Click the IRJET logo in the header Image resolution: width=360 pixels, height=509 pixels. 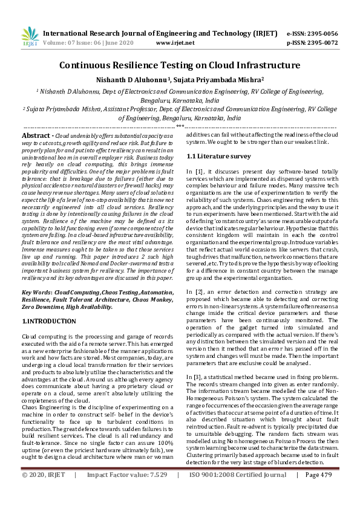30,37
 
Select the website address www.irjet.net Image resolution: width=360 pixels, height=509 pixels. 175,43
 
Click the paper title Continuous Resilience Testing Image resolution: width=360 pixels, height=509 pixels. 180,65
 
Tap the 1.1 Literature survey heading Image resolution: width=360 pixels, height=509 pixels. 218,156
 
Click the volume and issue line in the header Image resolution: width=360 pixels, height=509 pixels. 92,43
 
